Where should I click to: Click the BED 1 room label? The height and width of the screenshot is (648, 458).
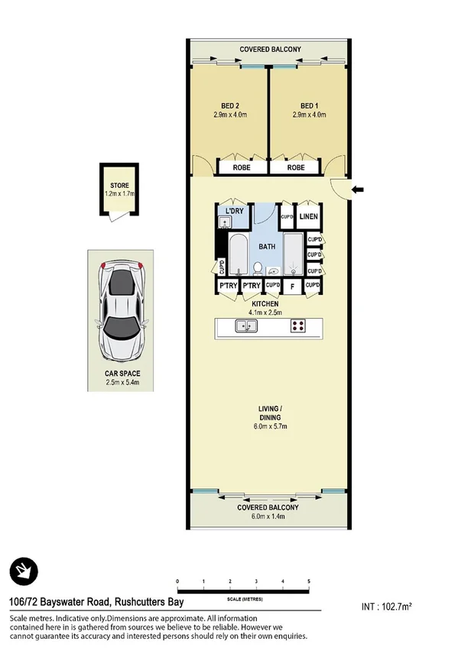point(309,105)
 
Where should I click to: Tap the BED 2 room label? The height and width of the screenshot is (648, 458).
point(229,105)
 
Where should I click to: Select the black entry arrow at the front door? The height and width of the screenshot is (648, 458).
point(359,189)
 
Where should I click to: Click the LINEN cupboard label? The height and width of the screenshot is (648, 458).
point(308,217)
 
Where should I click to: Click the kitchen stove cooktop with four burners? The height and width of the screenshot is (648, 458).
point(298,326)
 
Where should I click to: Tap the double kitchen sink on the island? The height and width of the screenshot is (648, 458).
point(247,326)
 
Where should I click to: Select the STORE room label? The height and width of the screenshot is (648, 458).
point(119,186)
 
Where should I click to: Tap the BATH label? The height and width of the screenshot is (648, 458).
point(267,247)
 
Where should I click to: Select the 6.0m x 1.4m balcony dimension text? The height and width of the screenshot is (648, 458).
point(268,517)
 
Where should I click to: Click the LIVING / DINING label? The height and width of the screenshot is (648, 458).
point(268,413)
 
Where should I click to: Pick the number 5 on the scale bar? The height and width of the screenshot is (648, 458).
point(309,582)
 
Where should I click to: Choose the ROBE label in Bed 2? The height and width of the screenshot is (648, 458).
point(231,167)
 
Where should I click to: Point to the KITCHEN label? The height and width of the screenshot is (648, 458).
point(268,304)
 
